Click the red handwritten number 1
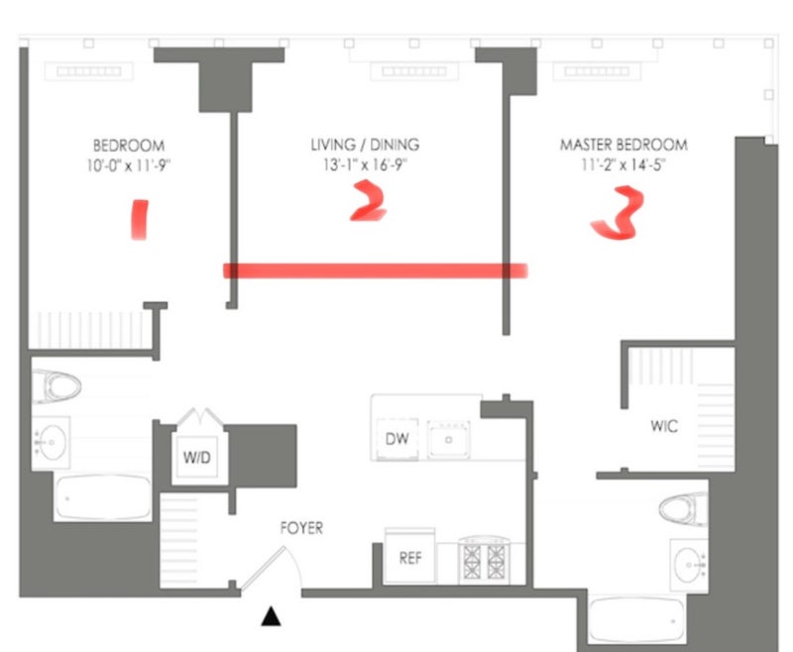(139, 219)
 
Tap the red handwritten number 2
(368, 202)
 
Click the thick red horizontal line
(376, 271)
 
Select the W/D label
(196, 458)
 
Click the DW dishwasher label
(397, 438)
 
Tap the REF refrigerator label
(410, 558)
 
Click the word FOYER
(301, 528)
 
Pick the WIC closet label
(664, 426)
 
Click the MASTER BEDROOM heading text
(623, 145)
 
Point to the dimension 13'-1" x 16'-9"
(365, 164)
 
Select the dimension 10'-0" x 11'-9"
(129, 165)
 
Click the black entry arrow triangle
(271, 616)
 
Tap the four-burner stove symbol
(484, 561)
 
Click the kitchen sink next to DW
(448, 440)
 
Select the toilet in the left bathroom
(57, 386)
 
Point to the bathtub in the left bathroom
(103, 498)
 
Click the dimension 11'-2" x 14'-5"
(623, 164)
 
